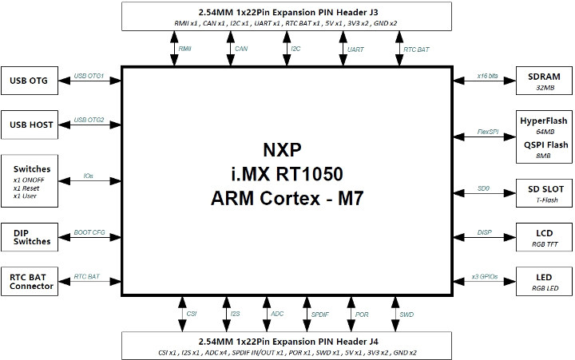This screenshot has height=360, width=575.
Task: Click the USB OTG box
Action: point(30,81)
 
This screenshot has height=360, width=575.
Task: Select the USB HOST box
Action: point(30,125)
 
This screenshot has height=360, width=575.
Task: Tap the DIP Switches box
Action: point(30,237)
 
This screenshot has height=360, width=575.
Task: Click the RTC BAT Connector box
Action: point(30,281)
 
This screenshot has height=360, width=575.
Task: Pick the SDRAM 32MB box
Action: point(544,81)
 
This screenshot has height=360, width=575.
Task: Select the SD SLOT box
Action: point(544,193)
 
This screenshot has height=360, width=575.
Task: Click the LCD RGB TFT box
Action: point(544,237)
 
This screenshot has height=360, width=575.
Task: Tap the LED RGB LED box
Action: point(544,281)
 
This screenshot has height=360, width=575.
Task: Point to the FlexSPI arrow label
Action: point(488,132)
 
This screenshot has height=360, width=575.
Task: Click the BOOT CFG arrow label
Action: point(89,232)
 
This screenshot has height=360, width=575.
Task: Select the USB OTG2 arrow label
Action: point(89,120)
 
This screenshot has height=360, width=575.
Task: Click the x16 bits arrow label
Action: point(487,76)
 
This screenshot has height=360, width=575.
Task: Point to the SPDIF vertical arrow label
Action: point(319,315)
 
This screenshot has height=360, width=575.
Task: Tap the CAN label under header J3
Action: point(241,49)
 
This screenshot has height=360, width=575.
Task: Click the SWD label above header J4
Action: point(406,315)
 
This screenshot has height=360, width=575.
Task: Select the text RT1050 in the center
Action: point(309,174)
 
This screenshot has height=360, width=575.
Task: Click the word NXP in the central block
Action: point(283,149)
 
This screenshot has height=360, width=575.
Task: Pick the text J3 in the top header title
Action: point(373,12)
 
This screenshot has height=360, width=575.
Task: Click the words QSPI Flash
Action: point(545,144)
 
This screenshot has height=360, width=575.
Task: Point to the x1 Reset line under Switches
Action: point(26,188)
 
